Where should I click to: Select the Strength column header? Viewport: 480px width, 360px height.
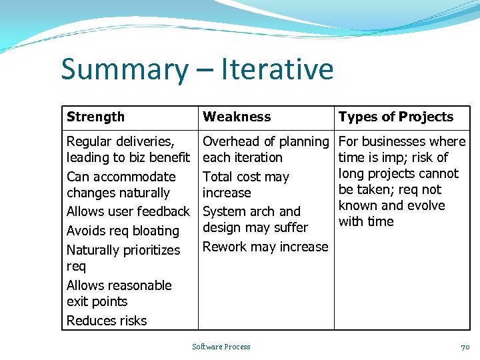pyautogui.click(x=95, y=117)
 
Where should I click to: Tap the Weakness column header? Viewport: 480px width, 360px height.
pyautogui.click(x=237, y=117)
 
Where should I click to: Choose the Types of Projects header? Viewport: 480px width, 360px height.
pyautogui.click(x=395, y=117)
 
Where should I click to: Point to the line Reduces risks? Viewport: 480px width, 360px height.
pyautogui.click(x=107, y=321)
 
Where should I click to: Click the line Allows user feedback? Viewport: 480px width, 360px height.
pyautogui.click(x=128, y=211)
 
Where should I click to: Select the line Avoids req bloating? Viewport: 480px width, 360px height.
pyautogui.click(x=123, y=231)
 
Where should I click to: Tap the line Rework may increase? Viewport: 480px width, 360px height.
pyautogui.click(x=265, y=247)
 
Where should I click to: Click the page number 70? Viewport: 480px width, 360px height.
pyautogui.click(x=465, y=347)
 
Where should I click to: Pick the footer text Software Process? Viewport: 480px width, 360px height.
pyautogui.click(x=221, y=347)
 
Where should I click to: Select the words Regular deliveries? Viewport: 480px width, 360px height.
pyautogui.click(x=121, y=141)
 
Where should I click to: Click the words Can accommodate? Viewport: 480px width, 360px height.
pyautogui.click(x=121, y=177)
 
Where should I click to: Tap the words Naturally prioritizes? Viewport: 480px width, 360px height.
pyautogui.click(x=123, y=250)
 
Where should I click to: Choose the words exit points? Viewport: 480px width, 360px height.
pyautogui.click(x=97, y=301)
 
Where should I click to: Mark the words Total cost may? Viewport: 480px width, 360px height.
pyautogui.click(x=246, y=177)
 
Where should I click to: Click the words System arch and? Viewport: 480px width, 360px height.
pyautogui.click(x=251, y=211)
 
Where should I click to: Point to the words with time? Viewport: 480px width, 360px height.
pyautogui.click(x=366, y=221)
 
